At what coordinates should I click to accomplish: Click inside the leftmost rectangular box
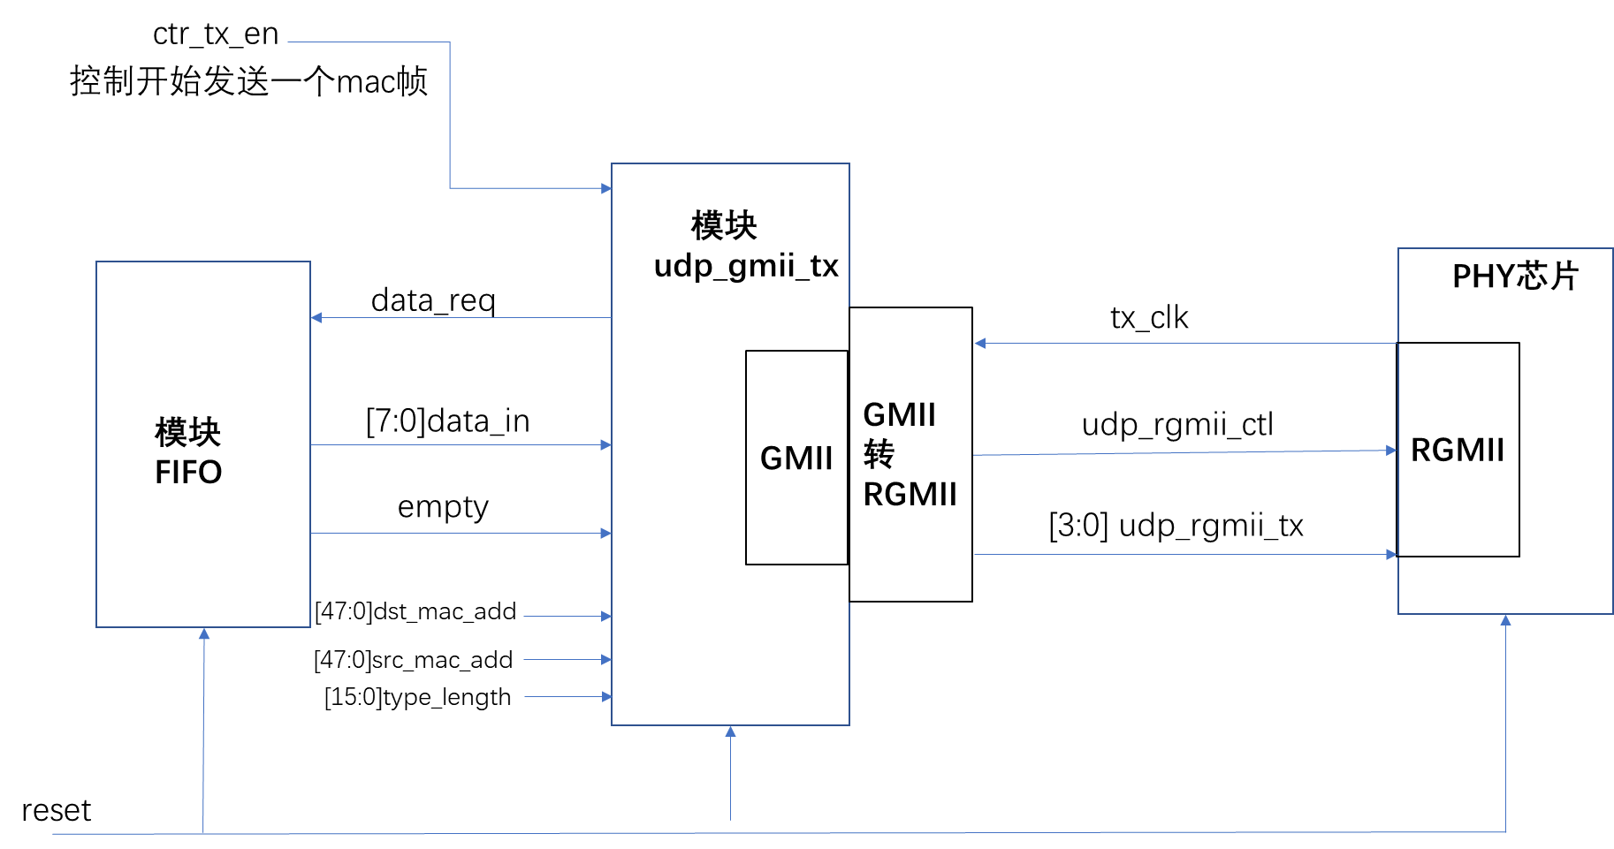coord(203,443)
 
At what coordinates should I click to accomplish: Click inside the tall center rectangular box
coord(730,443)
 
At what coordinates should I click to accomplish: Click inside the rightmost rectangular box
coord(1504,431)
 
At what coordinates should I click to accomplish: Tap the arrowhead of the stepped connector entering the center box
coord(606,188)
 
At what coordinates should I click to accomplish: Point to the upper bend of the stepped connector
coord(450,42)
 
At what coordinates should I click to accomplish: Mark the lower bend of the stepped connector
coord(450,187)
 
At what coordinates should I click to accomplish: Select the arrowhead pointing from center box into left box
coord(316,317)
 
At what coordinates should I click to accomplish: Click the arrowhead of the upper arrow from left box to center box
coord(606,445)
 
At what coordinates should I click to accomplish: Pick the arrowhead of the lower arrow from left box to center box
coord(606,534)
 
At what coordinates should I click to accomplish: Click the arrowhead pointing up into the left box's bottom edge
coord(204,633)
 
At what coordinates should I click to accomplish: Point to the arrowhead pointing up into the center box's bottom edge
coord(730,732)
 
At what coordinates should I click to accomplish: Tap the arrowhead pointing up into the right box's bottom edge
coord(1505,620)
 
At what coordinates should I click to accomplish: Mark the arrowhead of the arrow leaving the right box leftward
coord(979,344)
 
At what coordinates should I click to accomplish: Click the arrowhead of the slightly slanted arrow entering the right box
coord(1391,451)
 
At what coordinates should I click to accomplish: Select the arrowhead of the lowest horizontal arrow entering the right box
coord(1392,555)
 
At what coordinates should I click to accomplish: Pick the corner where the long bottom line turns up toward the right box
coord(1505,831)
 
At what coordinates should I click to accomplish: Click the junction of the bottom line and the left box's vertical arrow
coord(203,833)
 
